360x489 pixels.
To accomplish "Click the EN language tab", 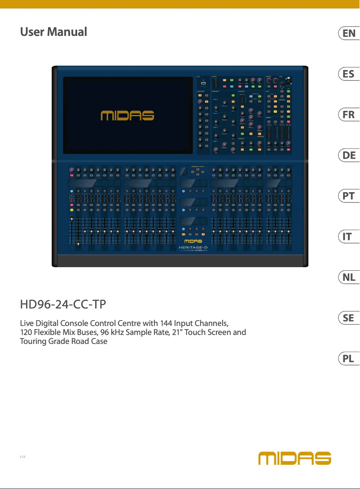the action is (349, 33).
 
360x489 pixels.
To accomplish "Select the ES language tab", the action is (349, 74).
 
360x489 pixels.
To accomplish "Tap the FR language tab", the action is (349, 115).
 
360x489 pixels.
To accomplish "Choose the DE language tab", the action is (349, 155).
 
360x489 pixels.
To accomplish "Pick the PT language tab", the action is (349, 196).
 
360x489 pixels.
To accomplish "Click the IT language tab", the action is (349, 237).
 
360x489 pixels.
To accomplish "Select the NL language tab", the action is (349, 278).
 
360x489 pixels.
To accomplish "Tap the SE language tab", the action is (349, 318).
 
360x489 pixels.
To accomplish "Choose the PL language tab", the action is (349, 359).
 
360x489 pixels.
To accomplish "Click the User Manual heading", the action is (53, 32).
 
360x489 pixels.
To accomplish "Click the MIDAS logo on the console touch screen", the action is (127, 115).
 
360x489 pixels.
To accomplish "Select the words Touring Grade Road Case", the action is (64, 342).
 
